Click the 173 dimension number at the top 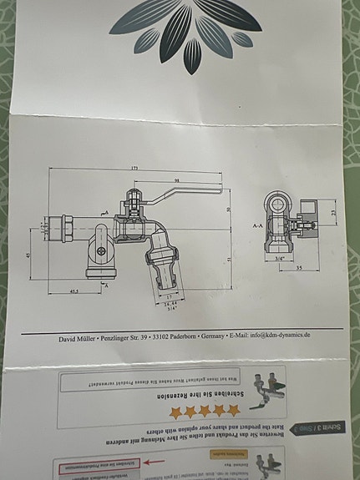pyautogui.click(x=133, y=169)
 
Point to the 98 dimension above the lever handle pyautogui.click(x=177, y=179)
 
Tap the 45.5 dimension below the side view pyautogui.click(x=74, y=291)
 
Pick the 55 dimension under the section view pyautogui.click(x=298, y=267)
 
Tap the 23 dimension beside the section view pyautogui.click(x=332, y=213)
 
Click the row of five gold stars pyautogui.click(x=205, y=412)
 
